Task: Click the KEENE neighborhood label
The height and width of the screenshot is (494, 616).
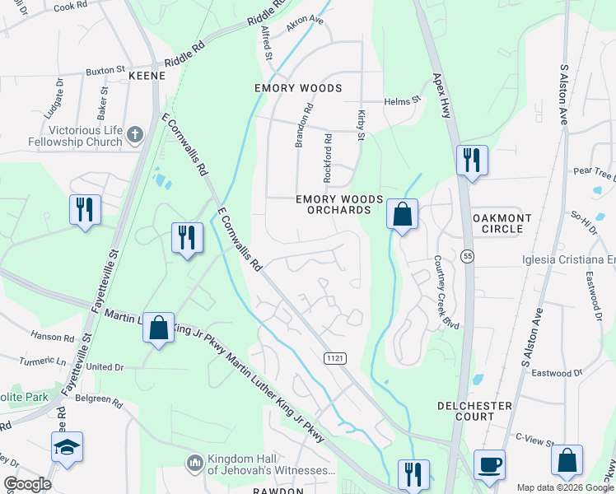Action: pyautogui.click(x=147, y=76)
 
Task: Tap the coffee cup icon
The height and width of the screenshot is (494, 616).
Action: pyautogui.click(x=492, y=464)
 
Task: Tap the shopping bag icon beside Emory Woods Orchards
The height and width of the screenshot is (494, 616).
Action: pyautogui.click(x=402, y=215)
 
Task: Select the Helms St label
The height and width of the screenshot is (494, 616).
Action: pyautogui.click(x=403, y=101)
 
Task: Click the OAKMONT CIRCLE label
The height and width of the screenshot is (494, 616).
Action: pyautogui.click(x=502, y=223)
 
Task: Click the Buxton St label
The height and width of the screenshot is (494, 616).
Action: pyautogui.click(x=105, y=72)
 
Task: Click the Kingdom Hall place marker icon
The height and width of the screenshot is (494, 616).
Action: pyautogui.click(x=195, y=464)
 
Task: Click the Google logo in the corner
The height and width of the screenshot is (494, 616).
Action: pyautogui.click(x=27, y=484)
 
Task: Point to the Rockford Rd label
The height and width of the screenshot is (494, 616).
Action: pyautogui.click(x=327, y=158)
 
